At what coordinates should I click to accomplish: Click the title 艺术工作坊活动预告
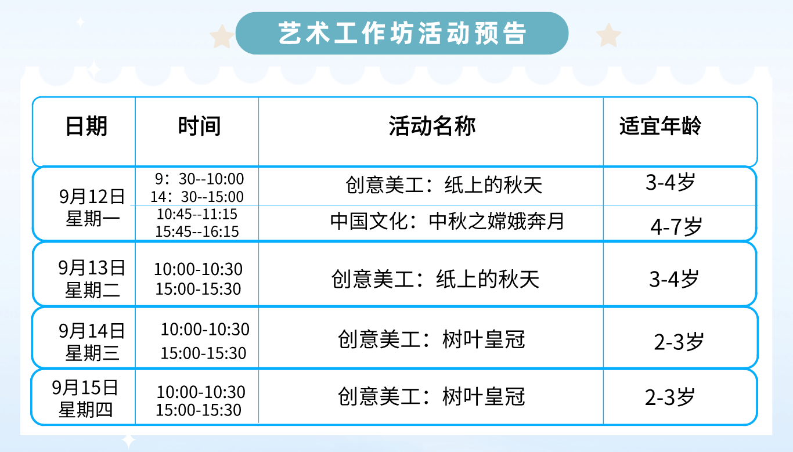(x=402, y=33)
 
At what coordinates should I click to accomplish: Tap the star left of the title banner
(x=222, y=37)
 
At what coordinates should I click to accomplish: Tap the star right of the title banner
(x=608, y=35)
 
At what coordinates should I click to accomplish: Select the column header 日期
(x=86, y=126)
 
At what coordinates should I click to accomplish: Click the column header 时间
(x=199, y=126)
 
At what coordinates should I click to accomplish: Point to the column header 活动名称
(x=432, y=126)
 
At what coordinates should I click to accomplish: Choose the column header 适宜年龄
(x=660, y=126)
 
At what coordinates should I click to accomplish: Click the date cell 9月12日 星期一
(x=92, y=207)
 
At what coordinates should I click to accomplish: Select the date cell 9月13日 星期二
(x=92, y=279)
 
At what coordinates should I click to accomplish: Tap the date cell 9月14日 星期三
(x=92, y=342)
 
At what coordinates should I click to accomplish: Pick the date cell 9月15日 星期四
(x=85, y=399)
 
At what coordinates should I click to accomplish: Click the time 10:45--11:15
(x=197, y=214)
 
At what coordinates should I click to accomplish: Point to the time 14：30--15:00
(x=197, y=197)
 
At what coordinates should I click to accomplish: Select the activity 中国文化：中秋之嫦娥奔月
(x=447, y=221)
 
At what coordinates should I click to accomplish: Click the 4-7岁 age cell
(x=676, y=226)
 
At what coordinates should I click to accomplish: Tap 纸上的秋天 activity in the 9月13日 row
(x=488, y=279)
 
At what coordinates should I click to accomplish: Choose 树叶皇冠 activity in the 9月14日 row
(x=484, y=339)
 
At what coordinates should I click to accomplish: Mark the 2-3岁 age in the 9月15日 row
(x=670, y=397)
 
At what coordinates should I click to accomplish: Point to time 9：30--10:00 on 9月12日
(x=199, y=179)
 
